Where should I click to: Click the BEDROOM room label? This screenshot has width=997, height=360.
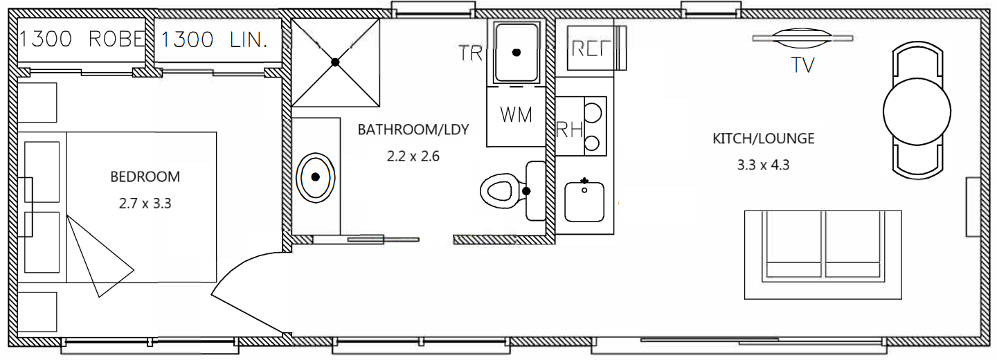click(145, 177)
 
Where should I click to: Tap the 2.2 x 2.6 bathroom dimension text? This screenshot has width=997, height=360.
click(413, 156)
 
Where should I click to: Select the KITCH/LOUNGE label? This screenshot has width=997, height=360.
click(763, 138)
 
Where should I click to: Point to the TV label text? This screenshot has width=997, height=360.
click(803, 66)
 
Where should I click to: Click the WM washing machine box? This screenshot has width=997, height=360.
click(516, 116)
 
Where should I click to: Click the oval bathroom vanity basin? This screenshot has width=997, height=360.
click(316, 177)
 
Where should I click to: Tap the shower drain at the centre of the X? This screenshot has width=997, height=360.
click(335, 62)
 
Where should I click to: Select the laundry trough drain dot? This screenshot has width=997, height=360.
click(516, 52)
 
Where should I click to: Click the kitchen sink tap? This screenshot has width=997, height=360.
click(584, 181)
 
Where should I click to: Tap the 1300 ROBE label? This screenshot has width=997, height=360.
click(82, 39)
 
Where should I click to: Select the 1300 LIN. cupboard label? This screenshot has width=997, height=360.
click(214, 39)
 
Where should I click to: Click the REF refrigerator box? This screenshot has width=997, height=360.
click(590, 48)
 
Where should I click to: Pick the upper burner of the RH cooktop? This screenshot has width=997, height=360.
click(593, 110)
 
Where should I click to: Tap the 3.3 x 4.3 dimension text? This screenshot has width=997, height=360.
click(763, 165)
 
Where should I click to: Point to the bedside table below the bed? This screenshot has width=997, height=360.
click(37, 312)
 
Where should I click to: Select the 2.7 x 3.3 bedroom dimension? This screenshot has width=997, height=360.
click(145, 204)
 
